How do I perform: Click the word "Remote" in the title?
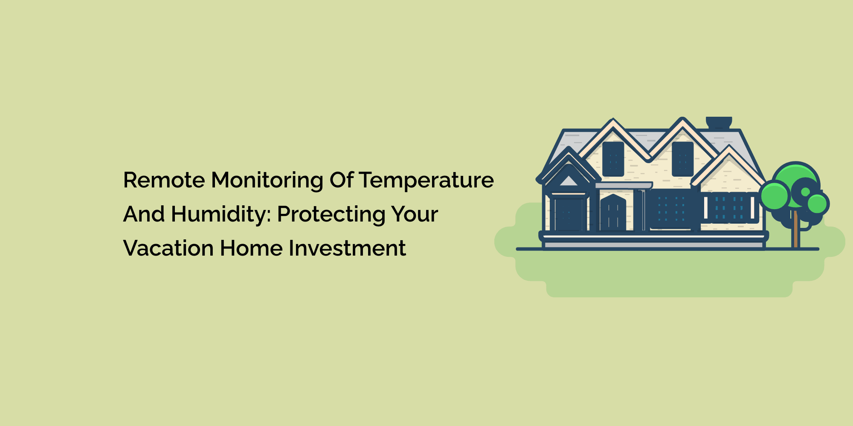click(164, 180)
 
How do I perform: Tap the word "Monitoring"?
click(267, 181)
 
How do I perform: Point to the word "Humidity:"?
click(221, 215)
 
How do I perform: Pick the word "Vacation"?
click(168, 248)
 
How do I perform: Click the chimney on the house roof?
click(719, 123)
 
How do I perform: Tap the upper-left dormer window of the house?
click(613, 159)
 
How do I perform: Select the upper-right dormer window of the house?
click(683, 159)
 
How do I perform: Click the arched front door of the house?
click(613, 213)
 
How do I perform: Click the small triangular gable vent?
click(568, 181)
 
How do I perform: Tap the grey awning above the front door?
click(624, 186)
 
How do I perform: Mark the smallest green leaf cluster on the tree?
click(817, 204)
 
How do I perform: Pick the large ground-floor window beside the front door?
click(671, 210)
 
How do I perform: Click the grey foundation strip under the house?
click(654, 245)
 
